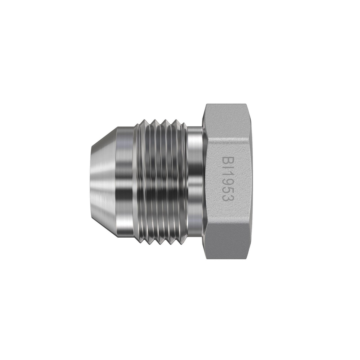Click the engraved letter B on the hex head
(227, 163)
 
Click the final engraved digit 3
(227, 202)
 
